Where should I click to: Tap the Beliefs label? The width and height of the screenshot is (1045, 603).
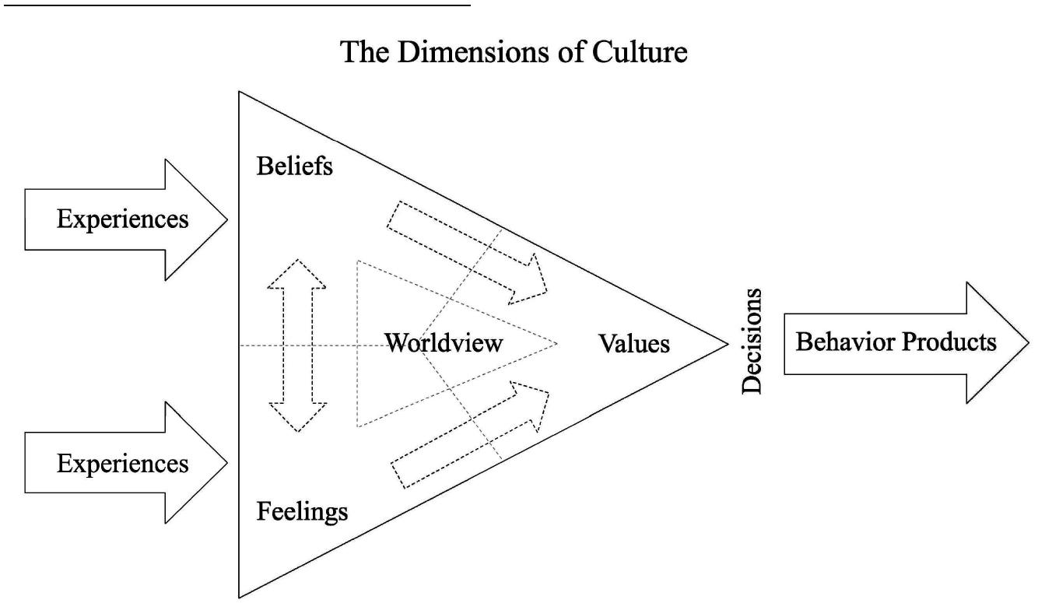(294, 167)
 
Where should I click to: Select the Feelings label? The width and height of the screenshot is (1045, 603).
(302, 513)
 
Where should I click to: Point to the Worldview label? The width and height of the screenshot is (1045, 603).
(444, 343)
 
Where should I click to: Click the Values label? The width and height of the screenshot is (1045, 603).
(634, 343)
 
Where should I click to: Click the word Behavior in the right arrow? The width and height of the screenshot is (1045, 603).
(843, 342)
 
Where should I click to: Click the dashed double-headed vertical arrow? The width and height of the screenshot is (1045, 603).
(297, 345)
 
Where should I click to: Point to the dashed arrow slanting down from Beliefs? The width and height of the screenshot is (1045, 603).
(467, 251)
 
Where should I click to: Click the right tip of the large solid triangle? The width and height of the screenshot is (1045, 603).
(726, 344)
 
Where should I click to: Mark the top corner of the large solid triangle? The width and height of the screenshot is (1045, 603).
(239, 93)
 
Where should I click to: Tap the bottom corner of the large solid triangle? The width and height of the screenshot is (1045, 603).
(239, 596)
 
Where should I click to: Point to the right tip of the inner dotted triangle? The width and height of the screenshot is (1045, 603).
(557, 343)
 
